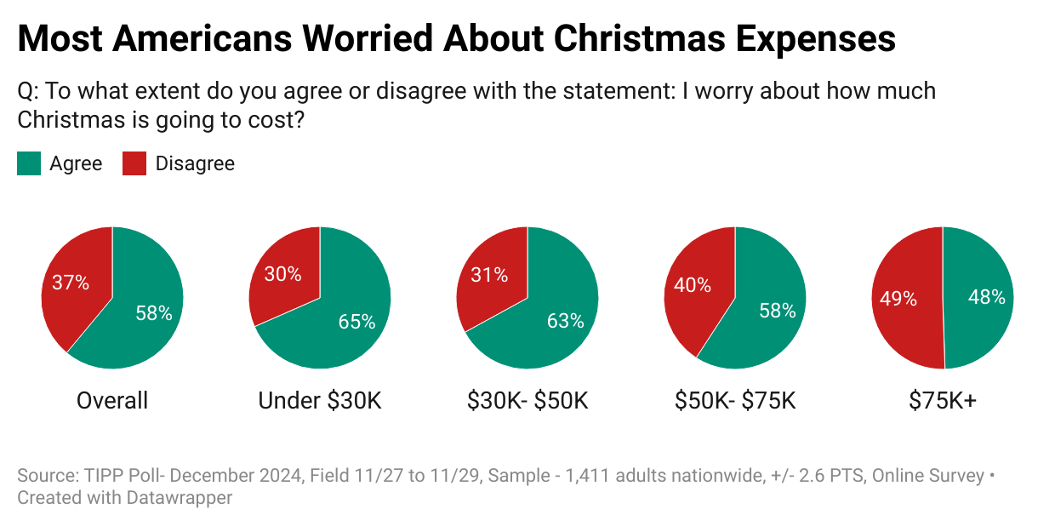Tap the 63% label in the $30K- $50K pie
point(565,321)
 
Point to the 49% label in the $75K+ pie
point(898,299)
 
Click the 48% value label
point(986,297)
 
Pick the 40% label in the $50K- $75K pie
point(693,285)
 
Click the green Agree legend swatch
point(29,163)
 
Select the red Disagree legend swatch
point(134,163)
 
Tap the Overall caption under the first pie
point(112,400)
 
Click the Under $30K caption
point(320,400)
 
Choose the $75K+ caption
point(942,400)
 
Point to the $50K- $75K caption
point(735,400)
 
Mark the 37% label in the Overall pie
point(71,283)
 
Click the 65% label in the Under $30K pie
point(356,321)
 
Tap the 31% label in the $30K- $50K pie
point(489,275)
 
